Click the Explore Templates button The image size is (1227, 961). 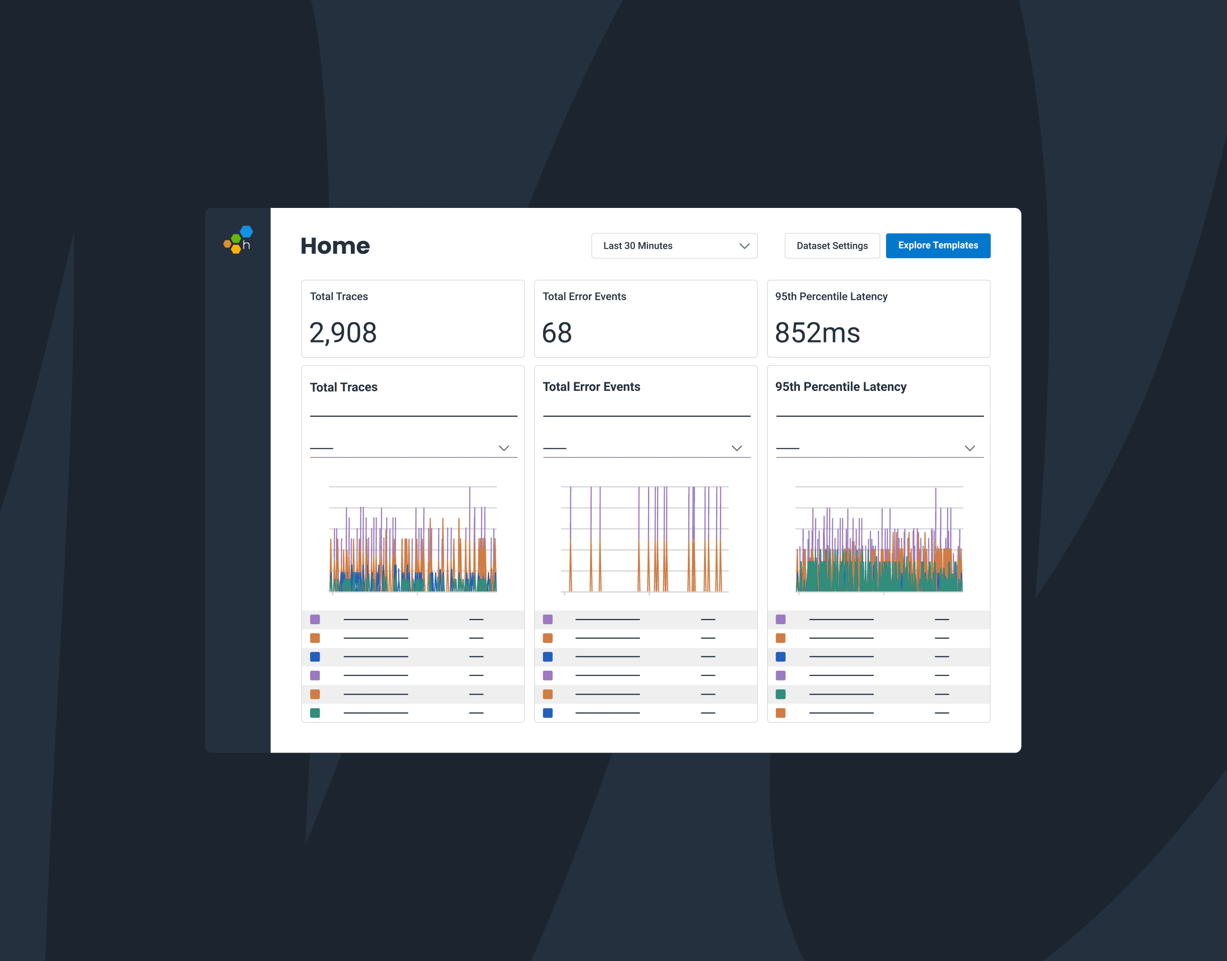[x=938, y=246]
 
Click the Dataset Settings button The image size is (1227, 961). [x=832, y=246]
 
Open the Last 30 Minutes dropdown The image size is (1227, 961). [x=674, y=246]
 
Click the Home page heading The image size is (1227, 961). [x=335, y=246]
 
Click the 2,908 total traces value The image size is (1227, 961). [x=343, y=332]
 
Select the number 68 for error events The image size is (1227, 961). [x=556, y=332]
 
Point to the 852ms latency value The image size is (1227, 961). [x=817, y=332]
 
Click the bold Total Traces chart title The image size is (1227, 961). [x=343, y=387]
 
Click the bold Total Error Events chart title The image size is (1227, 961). [x=591, y=387]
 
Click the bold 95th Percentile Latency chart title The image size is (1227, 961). [x=840, y=387]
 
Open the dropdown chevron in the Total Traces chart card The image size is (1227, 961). [x=504, y=448]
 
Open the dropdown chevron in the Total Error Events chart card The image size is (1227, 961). [x=737, y=448]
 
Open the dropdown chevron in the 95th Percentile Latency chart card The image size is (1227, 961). [x=970, y=448]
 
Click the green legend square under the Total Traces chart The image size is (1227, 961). [x=315, y=713]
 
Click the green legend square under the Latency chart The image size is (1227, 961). [x=781, y=694]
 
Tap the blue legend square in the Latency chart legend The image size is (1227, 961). [x=781, y=657]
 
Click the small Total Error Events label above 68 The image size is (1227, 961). [x=584, y=297]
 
